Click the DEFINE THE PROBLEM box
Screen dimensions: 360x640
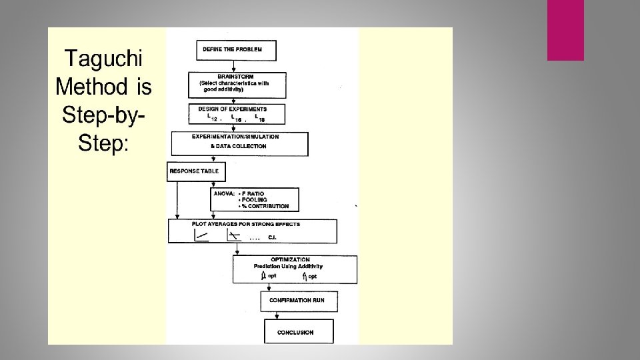click(236, 50)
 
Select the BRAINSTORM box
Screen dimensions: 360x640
click(238, 84)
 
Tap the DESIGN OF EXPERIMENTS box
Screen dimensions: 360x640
click(237, 113)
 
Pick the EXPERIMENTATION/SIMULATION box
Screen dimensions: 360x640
click(240, 143)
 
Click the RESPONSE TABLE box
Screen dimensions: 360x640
click(197, 171)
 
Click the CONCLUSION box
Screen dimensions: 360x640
click(295, 332)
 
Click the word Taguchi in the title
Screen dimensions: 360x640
click(104, 59)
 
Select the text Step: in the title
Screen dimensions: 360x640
click(103, 142)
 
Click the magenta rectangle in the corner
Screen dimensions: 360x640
click(565, 30)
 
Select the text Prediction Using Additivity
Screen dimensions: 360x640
click(288, 266)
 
